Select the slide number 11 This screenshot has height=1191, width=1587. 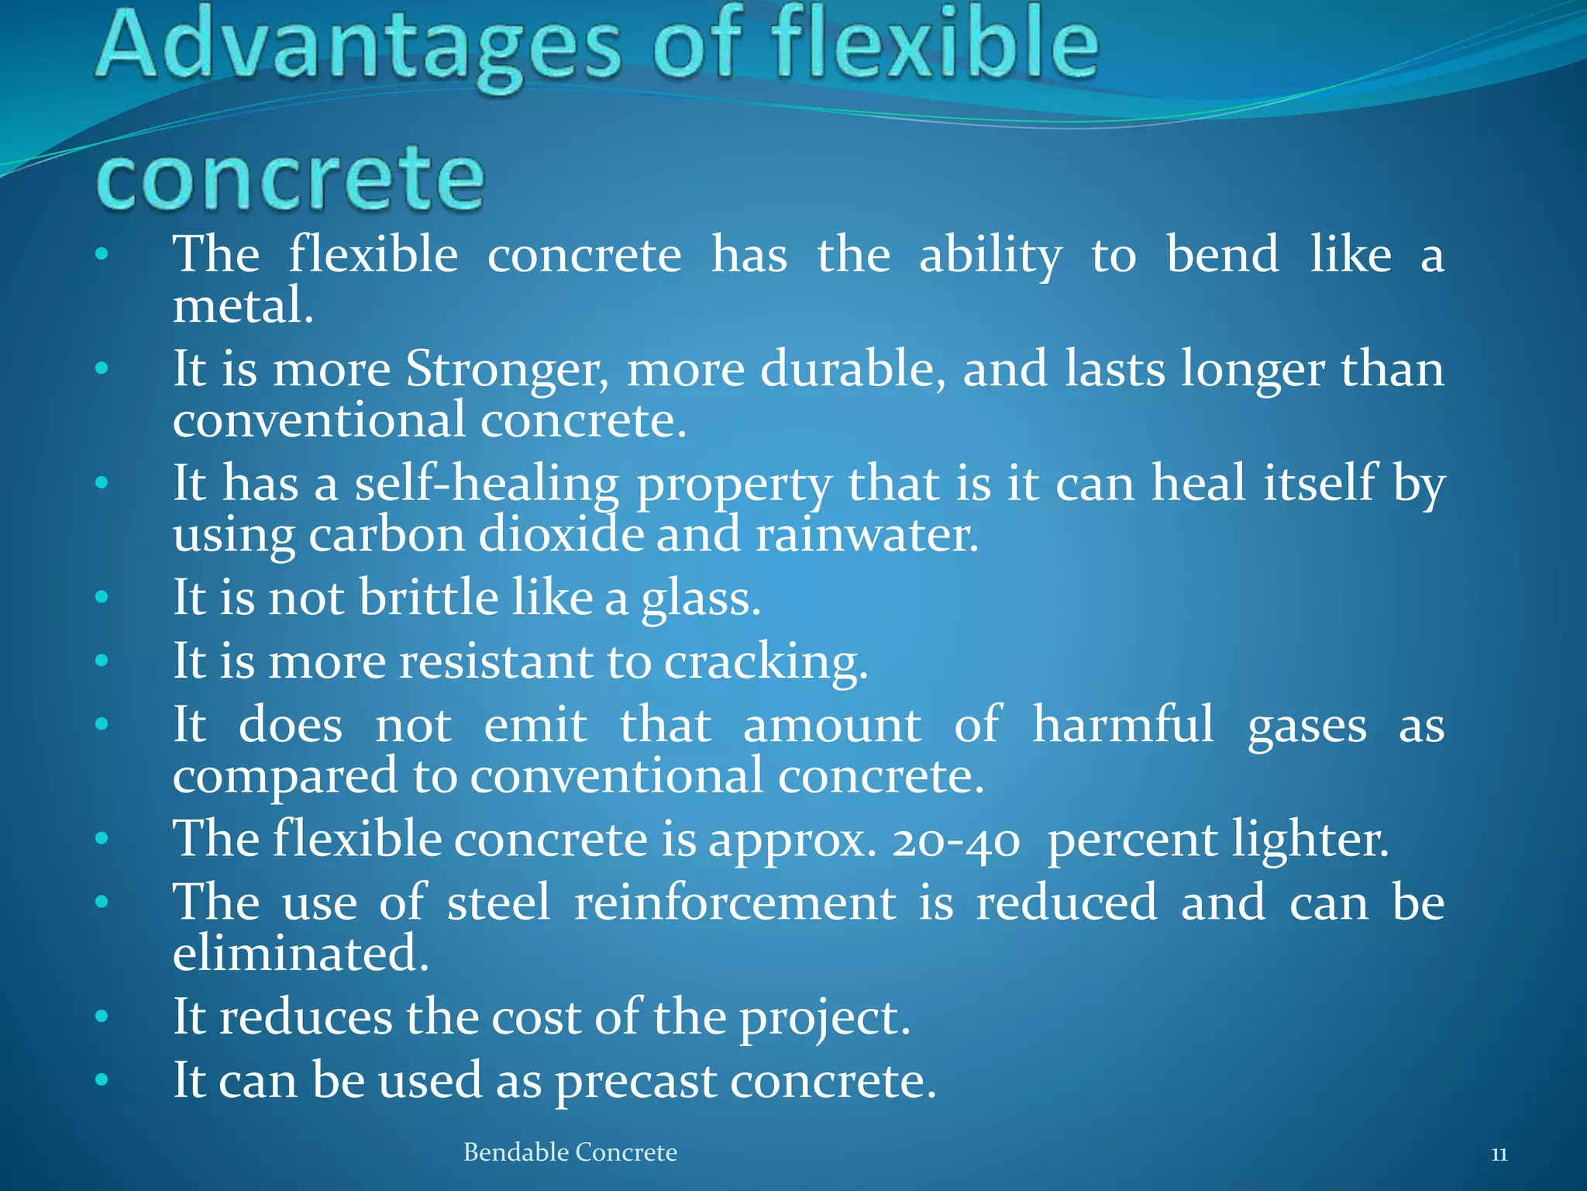[1499, 1155]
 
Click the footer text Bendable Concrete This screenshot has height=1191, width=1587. [570, 1152]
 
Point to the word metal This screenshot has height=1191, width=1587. [242, 306]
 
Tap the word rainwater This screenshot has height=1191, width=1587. [866, 536]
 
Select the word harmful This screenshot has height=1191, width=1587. [1123, 725]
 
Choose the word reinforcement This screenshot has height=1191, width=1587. [735, 903]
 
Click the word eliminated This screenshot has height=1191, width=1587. [300, 954]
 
